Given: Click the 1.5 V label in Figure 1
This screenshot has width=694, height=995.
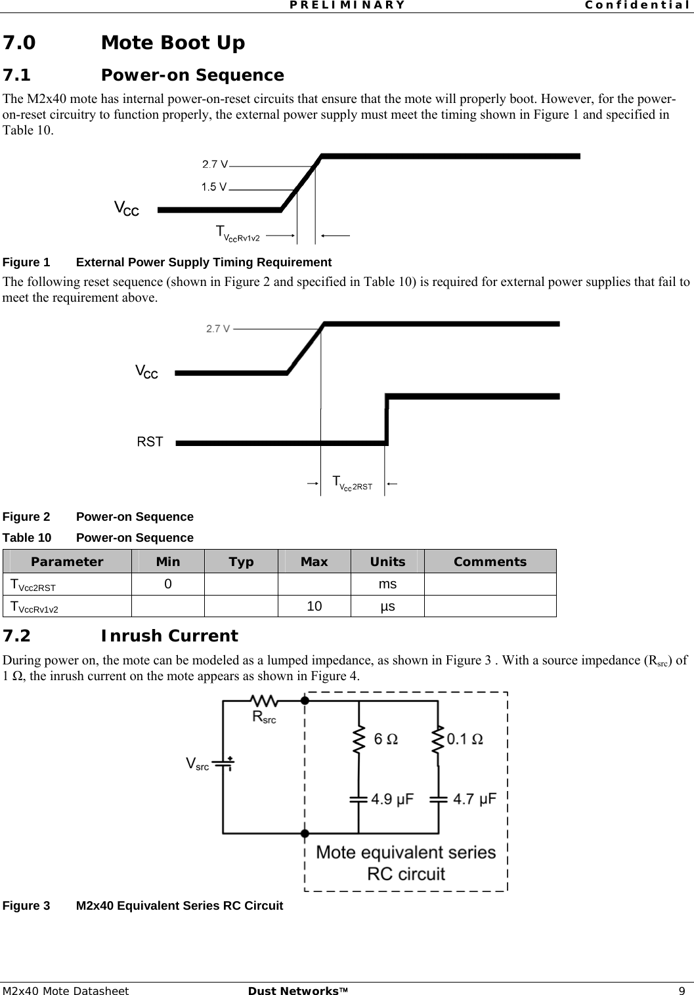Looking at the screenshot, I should (x=213, y=187).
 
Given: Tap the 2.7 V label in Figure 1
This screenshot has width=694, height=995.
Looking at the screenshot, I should (x=214, y=163).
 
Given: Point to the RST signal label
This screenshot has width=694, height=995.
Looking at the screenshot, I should (x=150, y=442).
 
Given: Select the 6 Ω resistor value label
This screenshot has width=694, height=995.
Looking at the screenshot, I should (x=385, y=739).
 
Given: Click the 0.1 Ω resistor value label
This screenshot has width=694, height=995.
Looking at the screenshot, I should (x=466, y=739).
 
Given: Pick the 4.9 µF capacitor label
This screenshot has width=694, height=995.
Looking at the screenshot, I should (x=393, y=800).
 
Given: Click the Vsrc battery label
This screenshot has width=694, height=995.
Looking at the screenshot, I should (x=197, y=763).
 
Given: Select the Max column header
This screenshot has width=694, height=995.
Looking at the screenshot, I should (x=314, y=561).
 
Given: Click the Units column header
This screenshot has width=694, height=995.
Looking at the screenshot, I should (x=387, y=561).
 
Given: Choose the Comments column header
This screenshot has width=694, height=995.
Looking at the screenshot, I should (x=490, y=561).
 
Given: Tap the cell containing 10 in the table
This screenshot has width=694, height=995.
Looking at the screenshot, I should (x=314, y=606).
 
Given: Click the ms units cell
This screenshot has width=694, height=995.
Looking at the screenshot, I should (x=387, y=584).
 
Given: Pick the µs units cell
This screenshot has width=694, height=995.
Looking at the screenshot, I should (x=387, y=606).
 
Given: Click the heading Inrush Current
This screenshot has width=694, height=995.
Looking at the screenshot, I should (x=169, y=636).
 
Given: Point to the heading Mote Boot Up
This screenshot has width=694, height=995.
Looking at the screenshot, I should (x=173, y=43).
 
